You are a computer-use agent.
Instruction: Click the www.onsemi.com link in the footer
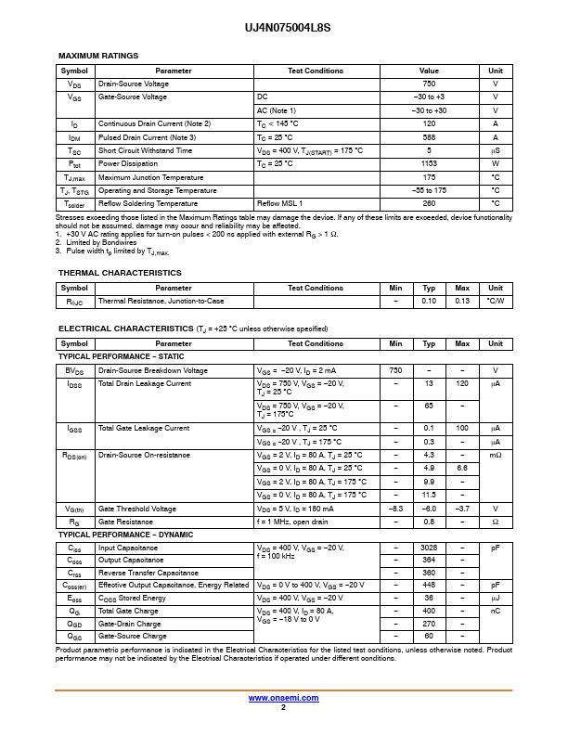(x=284, y=698)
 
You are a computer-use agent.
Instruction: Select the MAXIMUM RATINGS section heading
(x=98, y=56)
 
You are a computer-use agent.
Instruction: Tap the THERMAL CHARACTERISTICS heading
(x=120, y=273)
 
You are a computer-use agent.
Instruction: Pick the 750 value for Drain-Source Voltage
(x=429, y=84)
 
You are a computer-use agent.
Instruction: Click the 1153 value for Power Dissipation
(x=429, y=163)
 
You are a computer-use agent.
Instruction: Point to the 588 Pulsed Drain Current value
(x=429, y=137)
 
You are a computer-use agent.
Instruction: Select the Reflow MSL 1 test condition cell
(x=279, y=203)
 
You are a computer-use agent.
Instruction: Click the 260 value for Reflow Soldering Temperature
(x=429, y=203)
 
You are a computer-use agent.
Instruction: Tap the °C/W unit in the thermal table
(x=496, y=301)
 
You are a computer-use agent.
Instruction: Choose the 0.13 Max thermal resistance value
(x=462, y=301)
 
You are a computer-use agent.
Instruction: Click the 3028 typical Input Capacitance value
(x=429, y=548)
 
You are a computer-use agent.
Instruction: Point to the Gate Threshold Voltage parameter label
(x=137, y=509)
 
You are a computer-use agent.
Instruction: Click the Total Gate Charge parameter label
(x=128, y=611)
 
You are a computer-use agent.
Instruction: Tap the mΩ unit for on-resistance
(x=496, y=456)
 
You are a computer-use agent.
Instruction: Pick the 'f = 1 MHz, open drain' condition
(x=292, y=522)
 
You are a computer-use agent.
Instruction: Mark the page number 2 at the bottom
(x=283, y=707)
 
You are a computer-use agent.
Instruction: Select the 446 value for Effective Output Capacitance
(x=429, y=585)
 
